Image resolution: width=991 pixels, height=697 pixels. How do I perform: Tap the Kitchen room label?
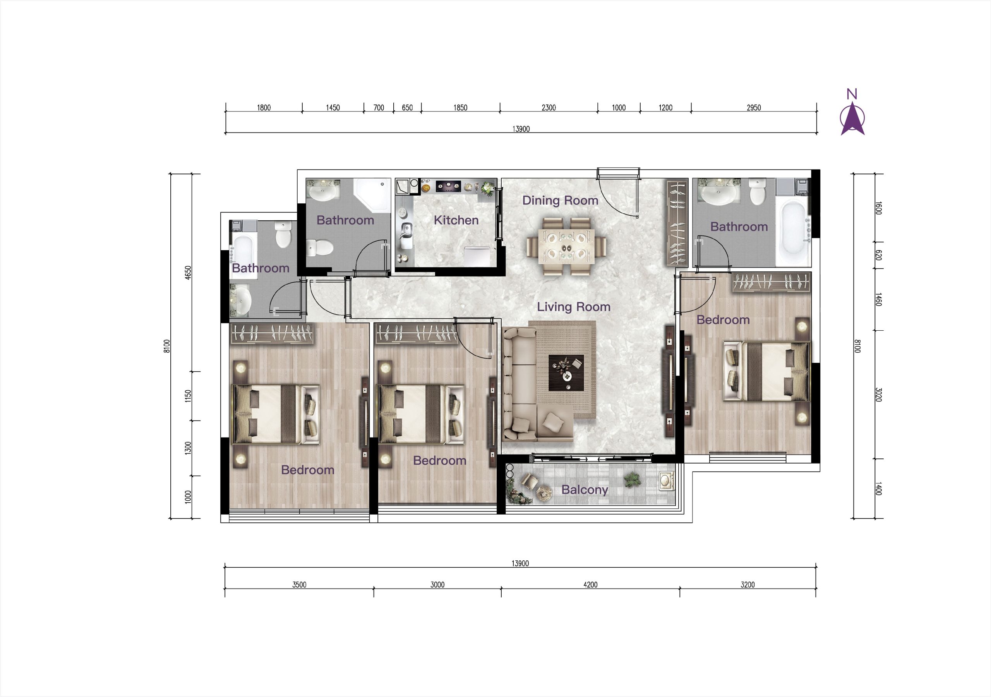tap(456, 220)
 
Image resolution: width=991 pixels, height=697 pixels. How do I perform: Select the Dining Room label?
tap(560, 200)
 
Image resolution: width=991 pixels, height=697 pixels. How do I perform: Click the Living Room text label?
tap(574, 307)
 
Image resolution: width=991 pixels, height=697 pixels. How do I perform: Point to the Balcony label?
tap(585, 490)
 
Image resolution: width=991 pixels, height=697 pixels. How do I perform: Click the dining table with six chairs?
tap(566, 247)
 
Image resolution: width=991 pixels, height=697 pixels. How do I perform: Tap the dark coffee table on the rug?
tap(566, 373)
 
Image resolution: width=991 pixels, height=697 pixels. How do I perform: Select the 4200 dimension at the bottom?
tap(590, 585)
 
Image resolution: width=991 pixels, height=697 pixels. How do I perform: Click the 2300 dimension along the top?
tap(549, 108)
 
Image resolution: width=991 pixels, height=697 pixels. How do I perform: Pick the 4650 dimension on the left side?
tap(188, 273)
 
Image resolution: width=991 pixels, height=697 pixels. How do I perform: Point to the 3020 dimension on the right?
tap(878, 395)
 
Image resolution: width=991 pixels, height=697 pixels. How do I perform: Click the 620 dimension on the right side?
tap(878, 255)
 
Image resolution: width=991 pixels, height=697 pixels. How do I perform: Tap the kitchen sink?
tap(406, 236)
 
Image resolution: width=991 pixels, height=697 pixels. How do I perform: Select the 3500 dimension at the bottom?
tap(299, 585)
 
